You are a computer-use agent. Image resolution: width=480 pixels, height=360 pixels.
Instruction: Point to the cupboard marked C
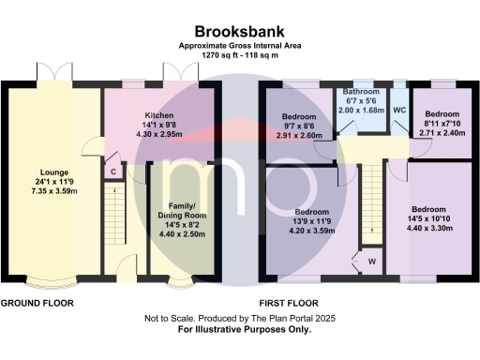tap(113, 171)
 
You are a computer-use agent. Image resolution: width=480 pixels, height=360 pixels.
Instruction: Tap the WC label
tap(398, 110)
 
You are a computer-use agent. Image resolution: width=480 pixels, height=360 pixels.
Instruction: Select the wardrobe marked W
tap(371, 261)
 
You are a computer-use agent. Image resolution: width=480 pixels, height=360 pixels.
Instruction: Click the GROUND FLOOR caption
tap(37, 304)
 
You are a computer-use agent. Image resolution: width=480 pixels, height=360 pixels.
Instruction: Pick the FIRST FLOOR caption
tap(288, 304)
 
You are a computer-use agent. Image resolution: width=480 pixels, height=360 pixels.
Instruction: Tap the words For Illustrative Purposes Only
tap(239, 330)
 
